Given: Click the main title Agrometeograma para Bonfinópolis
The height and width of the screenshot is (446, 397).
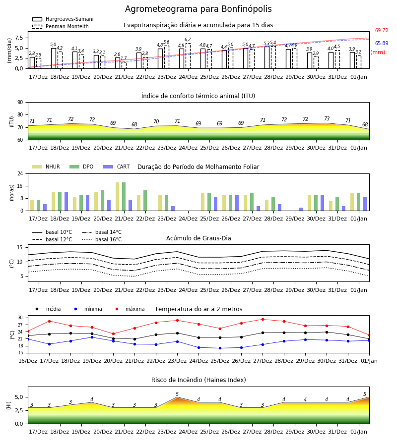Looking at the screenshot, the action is pyautogui.click(x=198, y=9).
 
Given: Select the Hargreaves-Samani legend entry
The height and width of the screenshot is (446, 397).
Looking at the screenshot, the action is pyautogui.click(x=63, y=19).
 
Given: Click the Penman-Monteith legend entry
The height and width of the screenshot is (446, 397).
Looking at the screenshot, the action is pyautogui.click(x=61, y=26).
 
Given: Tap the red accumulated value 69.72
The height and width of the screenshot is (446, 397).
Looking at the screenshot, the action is pyautogui.click(x=382, y=30).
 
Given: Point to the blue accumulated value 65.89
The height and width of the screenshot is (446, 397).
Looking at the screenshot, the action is pyautogui.click(x=382, y=43).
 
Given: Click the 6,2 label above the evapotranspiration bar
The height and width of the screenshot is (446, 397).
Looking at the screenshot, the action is pyautogui.click(x=188, y=40).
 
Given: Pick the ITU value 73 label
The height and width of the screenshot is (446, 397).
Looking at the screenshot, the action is pyautogui.click(x=327, y=118).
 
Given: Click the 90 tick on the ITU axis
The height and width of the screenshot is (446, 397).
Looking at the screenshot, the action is pyautogui.click(x=20, y=103).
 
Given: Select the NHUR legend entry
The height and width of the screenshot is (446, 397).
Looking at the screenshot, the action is pyautogui.click(x=46, y=167).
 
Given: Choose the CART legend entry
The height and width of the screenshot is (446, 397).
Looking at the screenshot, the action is pyautogui.click(x=117, y=167).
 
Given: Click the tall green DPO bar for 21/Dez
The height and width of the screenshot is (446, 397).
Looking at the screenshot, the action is pyautogui.click(x=124, y=197).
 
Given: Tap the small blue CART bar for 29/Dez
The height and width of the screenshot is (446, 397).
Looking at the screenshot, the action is pyautogui.click(x=301, y=209).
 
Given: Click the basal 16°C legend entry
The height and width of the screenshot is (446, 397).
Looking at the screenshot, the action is pyautogui.click(x=102, y=239).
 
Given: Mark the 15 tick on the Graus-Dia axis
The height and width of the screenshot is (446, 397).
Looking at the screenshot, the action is pyautogui.click(x=20, y=247).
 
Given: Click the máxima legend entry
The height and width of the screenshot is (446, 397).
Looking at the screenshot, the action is pyautogui.click(x=128, y=309).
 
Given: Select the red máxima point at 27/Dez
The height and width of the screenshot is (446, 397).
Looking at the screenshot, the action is pyautogui.click(x=263, y=320).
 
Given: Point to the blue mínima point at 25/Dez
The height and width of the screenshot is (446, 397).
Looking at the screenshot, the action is pyautogui.click(x=220, y=348).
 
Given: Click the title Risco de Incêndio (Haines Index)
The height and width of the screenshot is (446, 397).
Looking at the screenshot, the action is pyautogui.click(x=198, y=380).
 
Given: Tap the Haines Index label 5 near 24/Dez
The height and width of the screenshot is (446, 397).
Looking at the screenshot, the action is pyautogui.click(x=177, y=394).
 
